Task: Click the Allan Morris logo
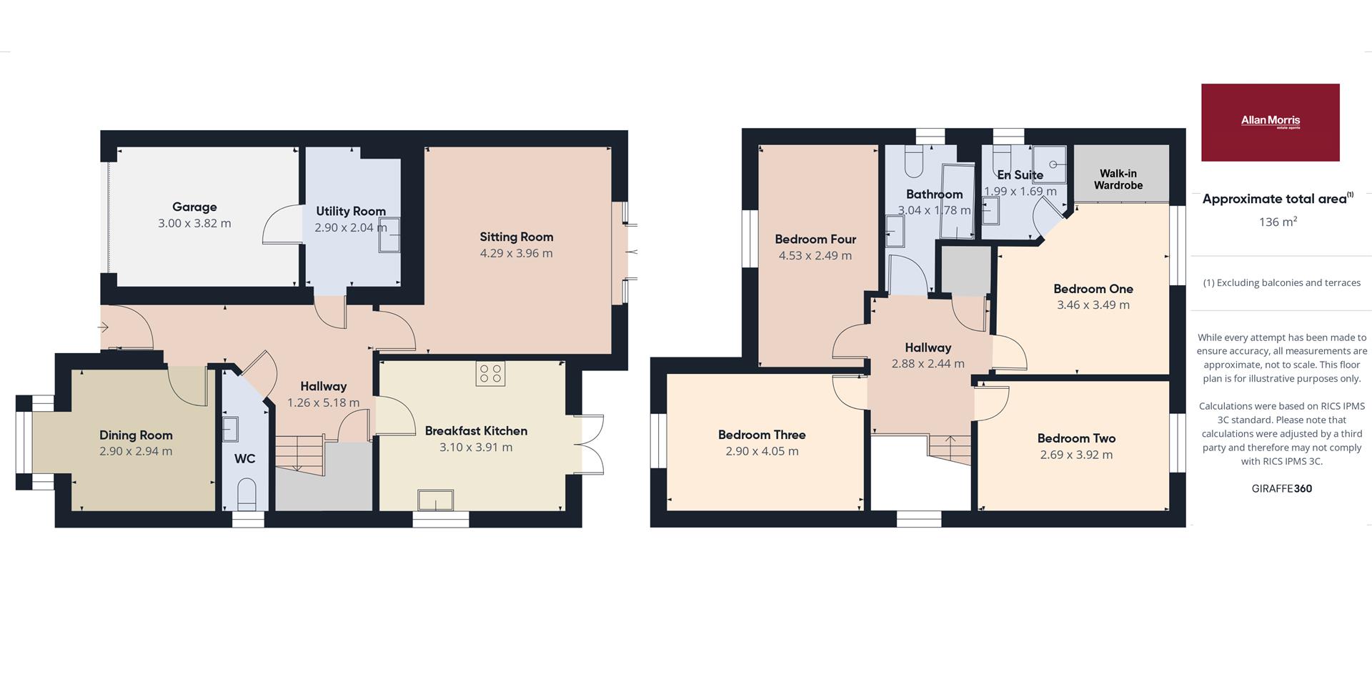tap(1270, 122)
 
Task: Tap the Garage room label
tap(194, 207)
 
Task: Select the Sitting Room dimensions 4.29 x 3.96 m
tap(516, 253)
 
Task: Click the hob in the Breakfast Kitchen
tap(490, 374)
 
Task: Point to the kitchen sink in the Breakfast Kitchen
tap(436, 500)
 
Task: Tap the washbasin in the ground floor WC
tap(230, 430)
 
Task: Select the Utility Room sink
tap(389, 236)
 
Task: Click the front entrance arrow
tap(104, 327)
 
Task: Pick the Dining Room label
tap(136, 435)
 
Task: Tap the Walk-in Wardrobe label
tap(1118, 179)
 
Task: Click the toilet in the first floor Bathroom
tap(914, 162)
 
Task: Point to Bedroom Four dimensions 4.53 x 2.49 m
tap(815, 255)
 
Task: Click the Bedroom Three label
tap(762, 435)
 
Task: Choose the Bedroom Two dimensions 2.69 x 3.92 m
tap(1076, 455)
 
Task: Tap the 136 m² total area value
tap(1278, 222)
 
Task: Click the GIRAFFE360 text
tap(1282, 489)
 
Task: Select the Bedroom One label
tap(1093, 289)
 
